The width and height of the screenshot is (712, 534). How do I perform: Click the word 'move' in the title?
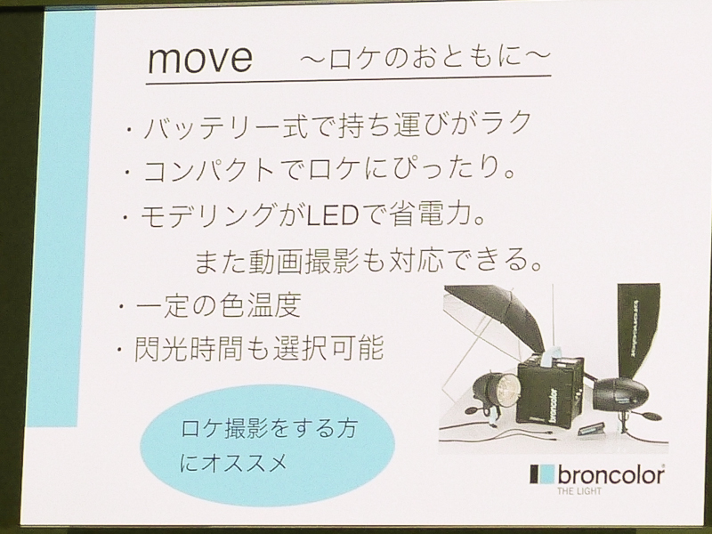click(x=201, y=60)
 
